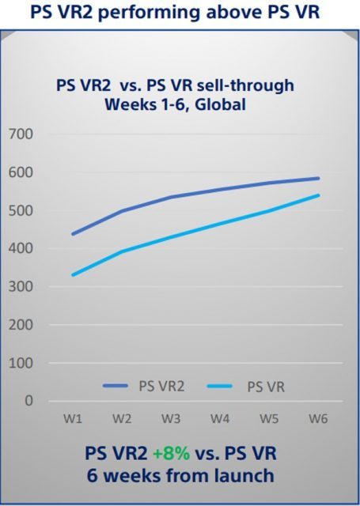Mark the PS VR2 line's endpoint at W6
point(318,178)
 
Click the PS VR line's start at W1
point(73,275)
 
